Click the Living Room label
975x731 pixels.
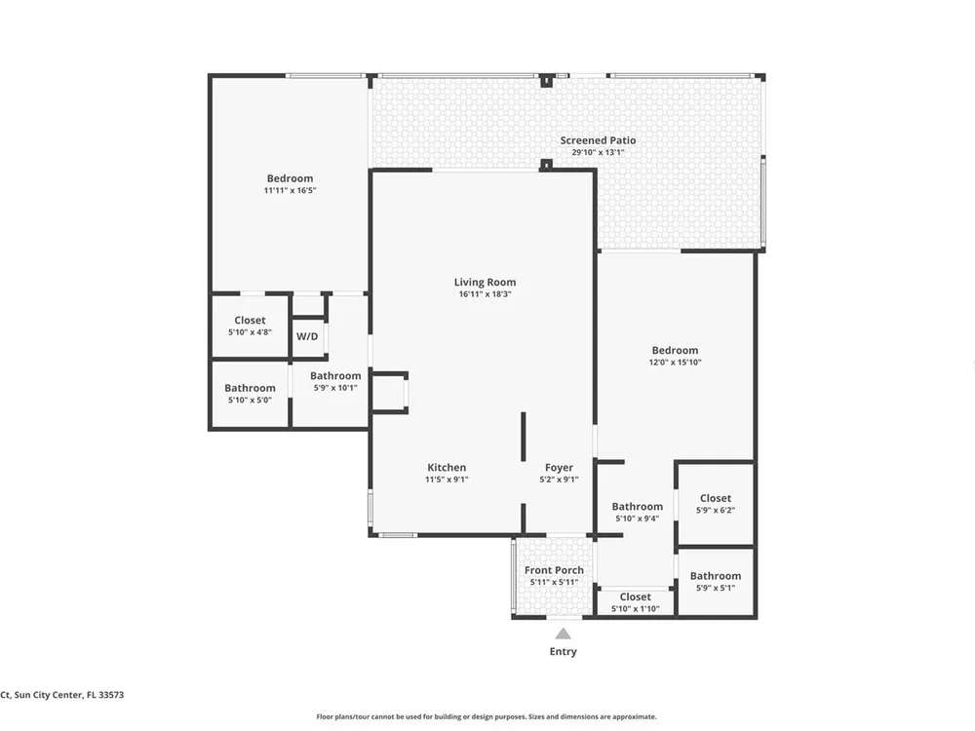click(x=485, y=283)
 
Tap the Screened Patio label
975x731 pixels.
click(x=599, y=140)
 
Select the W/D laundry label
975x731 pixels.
click(x=307, y=336)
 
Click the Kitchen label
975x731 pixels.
click(x=447, y=468)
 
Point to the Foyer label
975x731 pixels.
click(x=559, y=468)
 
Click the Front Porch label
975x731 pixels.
click(x=554, y=570)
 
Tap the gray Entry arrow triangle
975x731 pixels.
click(x=564, y=634)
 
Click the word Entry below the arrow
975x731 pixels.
click(x=564, y=651)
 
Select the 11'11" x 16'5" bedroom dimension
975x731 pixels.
click(x=291, y=191)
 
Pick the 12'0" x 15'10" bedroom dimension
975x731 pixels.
click(x=676, y=363)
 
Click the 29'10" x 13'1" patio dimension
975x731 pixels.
click(x=599, y=152)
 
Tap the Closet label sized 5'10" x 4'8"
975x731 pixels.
click(x=250, y=320)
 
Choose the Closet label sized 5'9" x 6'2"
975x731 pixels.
click(x=716, y=498)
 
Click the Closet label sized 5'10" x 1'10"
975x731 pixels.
click(x=636, y=596)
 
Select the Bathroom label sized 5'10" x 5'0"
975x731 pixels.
click(x=250, y=388)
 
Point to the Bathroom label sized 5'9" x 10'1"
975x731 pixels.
click(x=335, y=375)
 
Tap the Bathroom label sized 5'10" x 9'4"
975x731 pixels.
click(x=638, y=506)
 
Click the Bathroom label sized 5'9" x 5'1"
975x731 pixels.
click(x=716, y=576)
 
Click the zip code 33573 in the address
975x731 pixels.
click(x=110, y=695)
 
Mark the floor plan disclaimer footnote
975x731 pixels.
click(x=487, y=716)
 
